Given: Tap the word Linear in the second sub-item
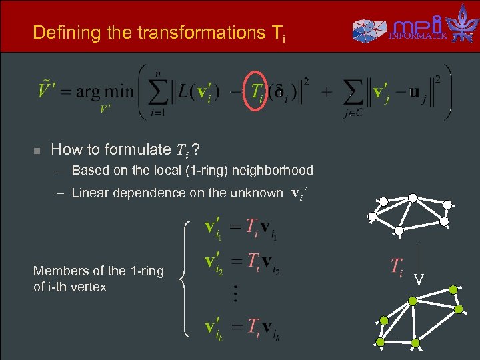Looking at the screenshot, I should coord(90,193).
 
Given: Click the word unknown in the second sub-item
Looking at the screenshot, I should coord(256,193).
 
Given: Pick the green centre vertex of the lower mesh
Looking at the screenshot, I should coord(412,301).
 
